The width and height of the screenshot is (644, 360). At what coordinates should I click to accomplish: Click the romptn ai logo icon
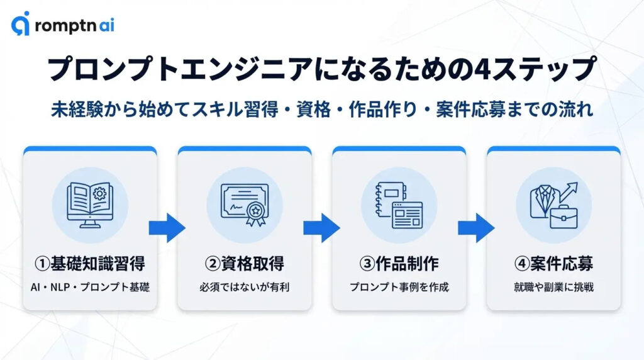(x=20, y=25)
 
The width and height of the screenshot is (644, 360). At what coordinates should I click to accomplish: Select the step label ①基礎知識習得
(x=89, y=263)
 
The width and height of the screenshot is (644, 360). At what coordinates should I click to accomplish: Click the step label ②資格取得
(x=244, y=263)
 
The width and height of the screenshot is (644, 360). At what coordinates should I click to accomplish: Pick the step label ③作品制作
(x=399, y=263)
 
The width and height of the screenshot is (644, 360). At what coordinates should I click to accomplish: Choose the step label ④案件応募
(x=553, y=263)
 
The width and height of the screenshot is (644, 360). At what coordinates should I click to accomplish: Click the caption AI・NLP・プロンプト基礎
(x=89, y=287)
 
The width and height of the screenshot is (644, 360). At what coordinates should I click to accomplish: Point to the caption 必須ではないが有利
(x=244, y=287)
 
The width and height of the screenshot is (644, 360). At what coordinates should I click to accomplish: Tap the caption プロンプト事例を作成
(x=399, y=287)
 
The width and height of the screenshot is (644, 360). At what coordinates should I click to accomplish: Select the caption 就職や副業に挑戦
(x=553, y=287)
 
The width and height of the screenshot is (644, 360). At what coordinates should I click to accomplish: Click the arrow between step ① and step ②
(x=167, y=227)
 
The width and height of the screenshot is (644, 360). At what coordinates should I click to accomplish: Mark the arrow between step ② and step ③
(x=321, y=227)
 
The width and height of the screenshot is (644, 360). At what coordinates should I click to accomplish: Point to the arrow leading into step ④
(x=476, y=227)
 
